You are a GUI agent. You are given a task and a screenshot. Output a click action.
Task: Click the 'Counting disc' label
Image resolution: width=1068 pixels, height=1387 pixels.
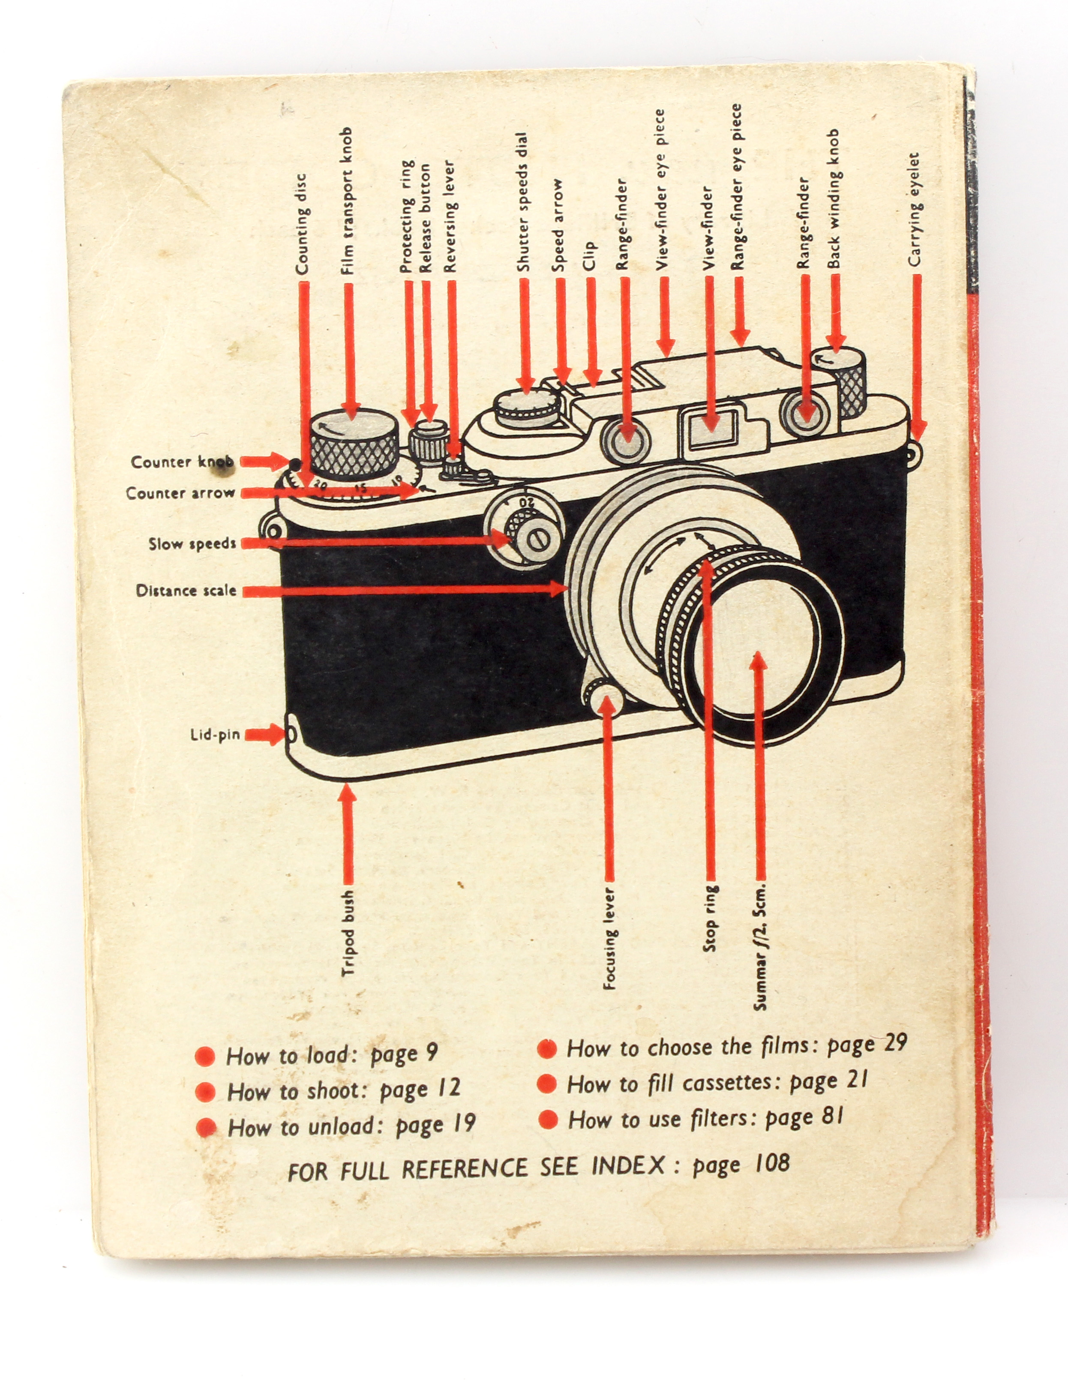302,224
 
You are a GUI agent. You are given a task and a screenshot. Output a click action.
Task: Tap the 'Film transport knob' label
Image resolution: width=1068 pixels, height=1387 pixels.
347,201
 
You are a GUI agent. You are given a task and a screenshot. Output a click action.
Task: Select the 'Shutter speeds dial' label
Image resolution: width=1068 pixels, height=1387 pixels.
522,202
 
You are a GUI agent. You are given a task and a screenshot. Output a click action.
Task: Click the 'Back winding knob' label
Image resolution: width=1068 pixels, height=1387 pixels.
834,199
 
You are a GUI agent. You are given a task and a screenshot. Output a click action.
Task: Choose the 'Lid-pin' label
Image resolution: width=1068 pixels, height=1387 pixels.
215,735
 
